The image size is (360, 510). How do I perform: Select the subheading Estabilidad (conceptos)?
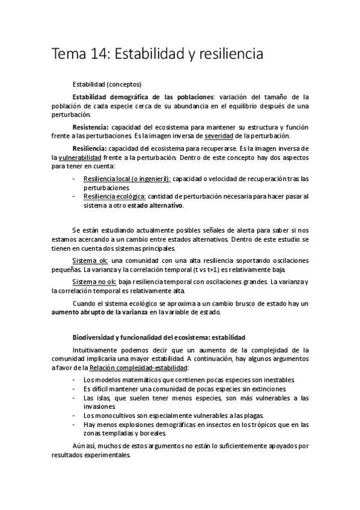[107, 84]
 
